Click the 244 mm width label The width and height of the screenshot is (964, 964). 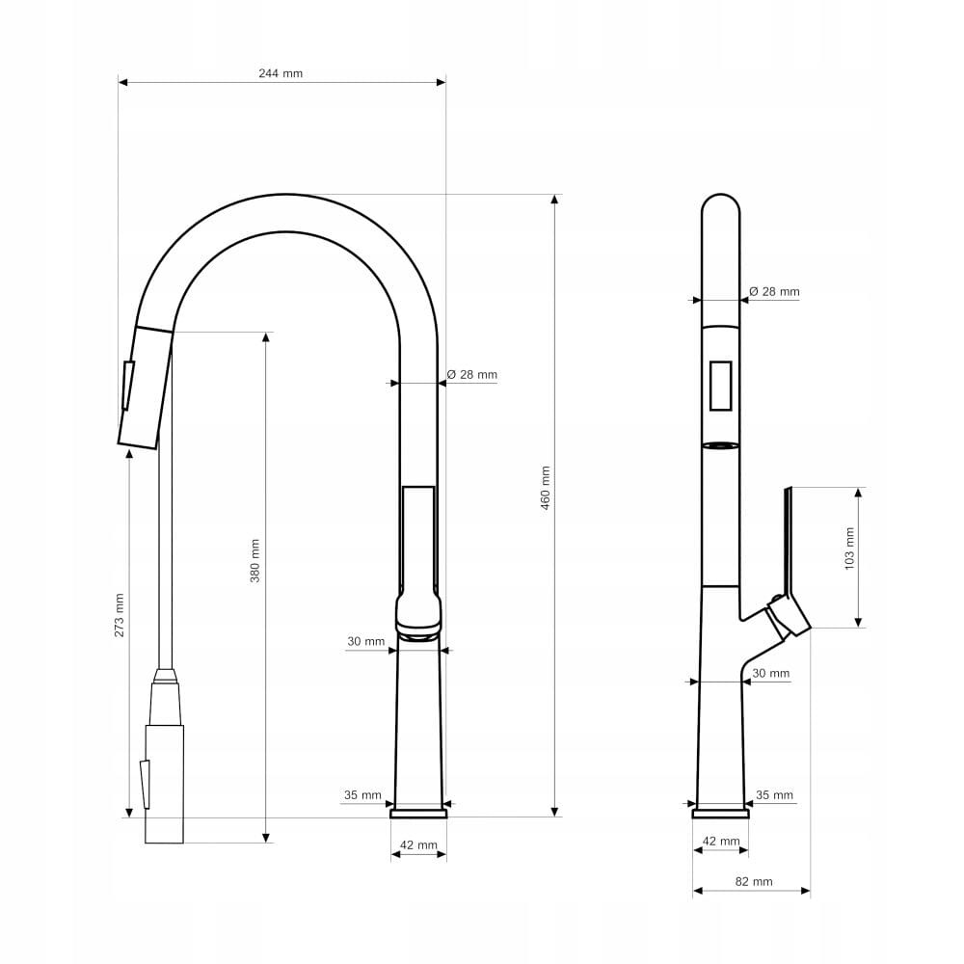(x=281, y=73)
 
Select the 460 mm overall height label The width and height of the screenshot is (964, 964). (x=546, y=489)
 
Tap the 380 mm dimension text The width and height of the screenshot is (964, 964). (x=254, y=561)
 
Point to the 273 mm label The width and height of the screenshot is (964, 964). (x=119, y=615)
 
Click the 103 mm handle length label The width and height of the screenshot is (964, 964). (x=849, y=549)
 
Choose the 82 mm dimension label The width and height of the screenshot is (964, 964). (x=754, y=882)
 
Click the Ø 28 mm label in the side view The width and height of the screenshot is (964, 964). (x=775, y=291)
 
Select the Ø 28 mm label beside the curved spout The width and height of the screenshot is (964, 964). (x=472, y=374)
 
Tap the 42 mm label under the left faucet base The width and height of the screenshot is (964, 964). (x=418, y=845)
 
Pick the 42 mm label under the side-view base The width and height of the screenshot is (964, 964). (x=721, y=841)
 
